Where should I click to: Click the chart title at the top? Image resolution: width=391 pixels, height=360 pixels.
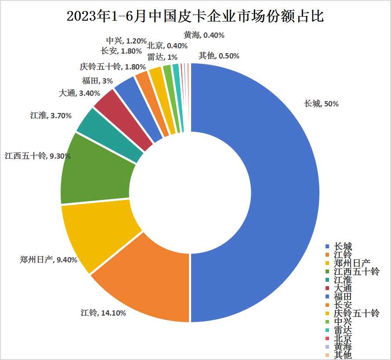pos(195,17)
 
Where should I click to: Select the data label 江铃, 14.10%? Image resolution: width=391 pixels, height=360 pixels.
pos(103,313)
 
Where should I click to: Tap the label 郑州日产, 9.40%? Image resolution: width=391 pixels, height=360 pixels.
pos(48,259)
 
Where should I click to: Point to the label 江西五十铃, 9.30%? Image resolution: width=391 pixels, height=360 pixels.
pos(37,156)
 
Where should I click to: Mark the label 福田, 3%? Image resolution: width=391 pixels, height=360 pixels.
pos(97,80)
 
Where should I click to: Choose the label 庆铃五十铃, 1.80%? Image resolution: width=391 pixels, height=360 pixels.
pos(106,67)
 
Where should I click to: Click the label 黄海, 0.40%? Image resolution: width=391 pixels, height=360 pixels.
pos(204,35)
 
